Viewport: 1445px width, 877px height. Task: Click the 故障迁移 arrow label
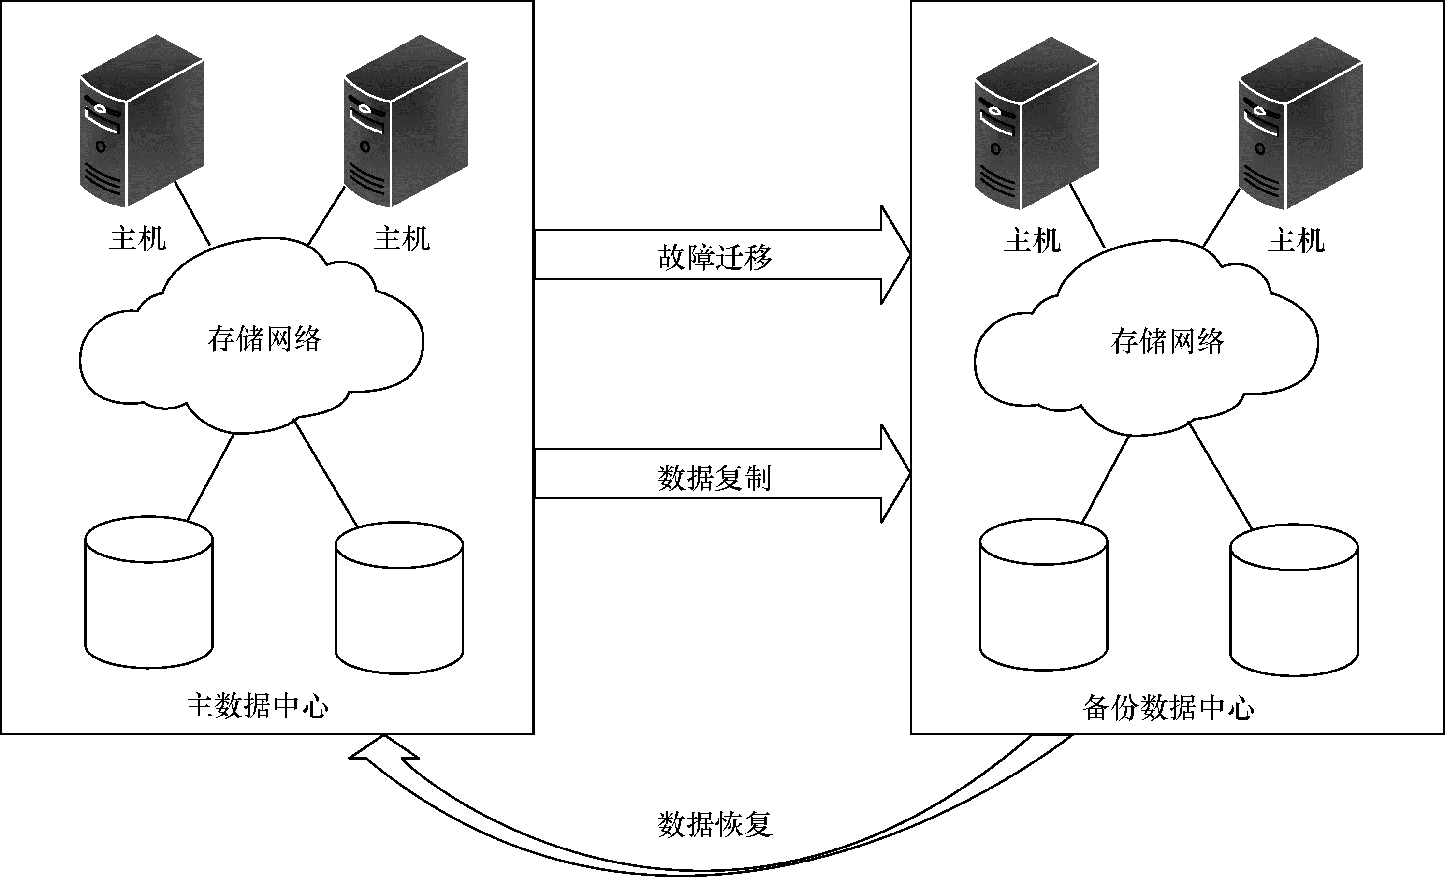715,256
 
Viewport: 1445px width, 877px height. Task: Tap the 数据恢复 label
715,824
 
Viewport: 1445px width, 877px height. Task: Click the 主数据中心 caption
257,706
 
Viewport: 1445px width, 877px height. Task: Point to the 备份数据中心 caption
1168,708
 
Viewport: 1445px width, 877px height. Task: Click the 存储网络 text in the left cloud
264,339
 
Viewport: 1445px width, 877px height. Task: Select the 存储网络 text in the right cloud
1167,341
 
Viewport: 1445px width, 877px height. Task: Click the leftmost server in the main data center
142,121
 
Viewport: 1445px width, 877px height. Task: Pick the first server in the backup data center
1036,123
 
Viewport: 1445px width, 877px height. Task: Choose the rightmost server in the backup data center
1301,123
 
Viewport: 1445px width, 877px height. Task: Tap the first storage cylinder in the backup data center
1043,594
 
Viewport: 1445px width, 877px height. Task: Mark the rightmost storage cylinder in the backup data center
1294,600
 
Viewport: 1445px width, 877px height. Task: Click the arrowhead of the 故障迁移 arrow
895,255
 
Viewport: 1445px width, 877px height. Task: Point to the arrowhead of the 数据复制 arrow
895,473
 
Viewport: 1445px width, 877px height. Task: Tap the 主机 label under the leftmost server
138,239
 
